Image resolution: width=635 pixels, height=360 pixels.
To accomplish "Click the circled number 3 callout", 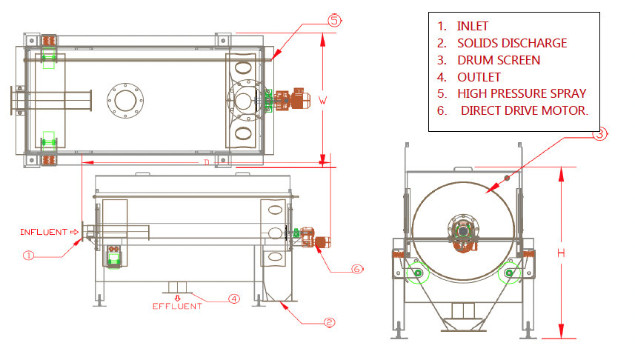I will [601, 134].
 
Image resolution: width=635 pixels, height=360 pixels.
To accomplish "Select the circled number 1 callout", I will [29, 256].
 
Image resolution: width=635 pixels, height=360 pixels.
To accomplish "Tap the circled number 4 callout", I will [233, 299].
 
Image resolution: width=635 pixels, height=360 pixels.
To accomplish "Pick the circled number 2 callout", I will [330, 322].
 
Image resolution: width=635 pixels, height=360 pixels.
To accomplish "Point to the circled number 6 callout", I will [356, 269].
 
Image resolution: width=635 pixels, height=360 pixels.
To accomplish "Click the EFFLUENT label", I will [177, 306].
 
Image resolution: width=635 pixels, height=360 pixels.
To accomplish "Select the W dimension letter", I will [323, 98].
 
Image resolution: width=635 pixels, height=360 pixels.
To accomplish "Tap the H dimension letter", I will [562, 253].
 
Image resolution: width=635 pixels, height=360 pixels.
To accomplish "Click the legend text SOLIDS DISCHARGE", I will [511, 43].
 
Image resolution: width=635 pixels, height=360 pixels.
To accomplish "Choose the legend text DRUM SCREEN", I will [498, 60].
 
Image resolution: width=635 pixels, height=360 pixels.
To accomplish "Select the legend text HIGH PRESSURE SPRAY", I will [521, 93].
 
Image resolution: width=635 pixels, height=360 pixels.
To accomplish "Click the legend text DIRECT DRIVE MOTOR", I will [524, 110].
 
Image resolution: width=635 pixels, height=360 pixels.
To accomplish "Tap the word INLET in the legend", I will [473, 26].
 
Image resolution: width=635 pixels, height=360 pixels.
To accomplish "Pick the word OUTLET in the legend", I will [479, 77].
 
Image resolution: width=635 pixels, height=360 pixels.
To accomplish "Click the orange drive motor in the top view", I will [292, 99].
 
